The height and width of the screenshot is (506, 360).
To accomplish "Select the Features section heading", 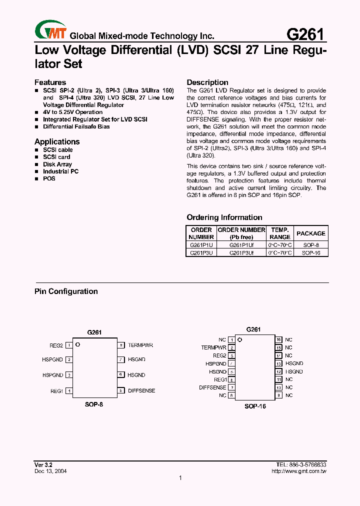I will click(50, 82).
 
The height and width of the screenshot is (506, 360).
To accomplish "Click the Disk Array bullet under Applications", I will click(57, 164).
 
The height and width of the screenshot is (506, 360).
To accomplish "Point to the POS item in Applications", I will click(49, 178).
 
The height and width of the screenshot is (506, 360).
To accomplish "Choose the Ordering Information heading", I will click(224, 217).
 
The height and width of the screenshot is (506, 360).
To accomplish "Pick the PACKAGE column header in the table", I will click(310, 233).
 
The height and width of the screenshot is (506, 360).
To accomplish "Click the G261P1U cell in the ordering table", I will click(201, 245).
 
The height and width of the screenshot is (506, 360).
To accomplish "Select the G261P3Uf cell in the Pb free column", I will click(241, 253).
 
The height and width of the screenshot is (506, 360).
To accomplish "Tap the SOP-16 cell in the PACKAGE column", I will click(310, 253).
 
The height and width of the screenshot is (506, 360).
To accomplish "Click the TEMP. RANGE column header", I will click(280, 233).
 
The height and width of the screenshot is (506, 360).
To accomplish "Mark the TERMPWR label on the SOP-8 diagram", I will click(140, 345).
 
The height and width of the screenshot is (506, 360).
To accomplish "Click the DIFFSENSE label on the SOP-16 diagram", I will click(212, 387).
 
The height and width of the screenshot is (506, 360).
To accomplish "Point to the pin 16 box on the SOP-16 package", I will click(279, 339).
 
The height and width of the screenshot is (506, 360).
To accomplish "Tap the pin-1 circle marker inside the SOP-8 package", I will click(78, 344).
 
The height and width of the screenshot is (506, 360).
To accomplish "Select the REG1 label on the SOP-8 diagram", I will click(56, 391).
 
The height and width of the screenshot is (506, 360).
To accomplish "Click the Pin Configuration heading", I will click(66, 291).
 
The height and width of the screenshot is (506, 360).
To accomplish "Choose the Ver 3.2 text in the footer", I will click(42, 464).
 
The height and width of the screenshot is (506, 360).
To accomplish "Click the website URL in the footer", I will click(299, 471).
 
